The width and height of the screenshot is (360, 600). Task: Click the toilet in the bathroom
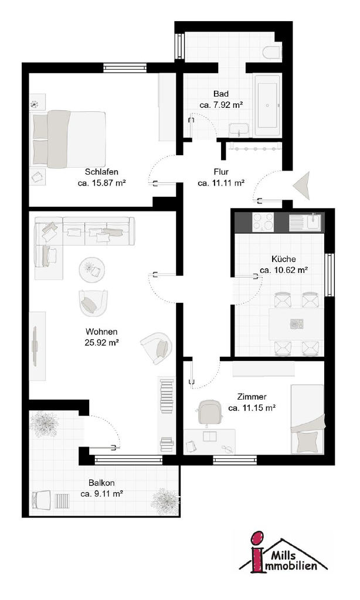[x=273, y=52]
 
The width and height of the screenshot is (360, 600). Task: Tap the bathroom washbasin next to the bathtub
[x=239, y=130]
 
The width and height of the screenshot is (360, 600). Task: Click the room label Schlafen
[x=101, y=172]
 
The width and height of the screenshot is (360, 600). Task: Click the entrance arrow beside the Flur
[x=302, y=186]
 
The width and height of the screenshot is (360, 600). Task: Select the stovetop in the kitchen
[x=263, y=222]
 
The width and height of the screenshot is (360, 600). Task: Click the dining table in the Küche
[x=296, y=324]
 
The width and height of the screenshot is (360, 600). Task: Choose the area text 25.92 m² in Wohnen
[x=101, y=342]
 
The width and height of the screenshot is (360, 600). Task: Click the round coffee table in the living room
[x=92, y=270]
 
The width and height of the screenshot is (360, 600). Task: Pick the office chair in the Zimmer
[x=210, y=413]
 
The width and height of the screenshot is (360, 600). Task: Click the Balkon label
[x=101, y=483]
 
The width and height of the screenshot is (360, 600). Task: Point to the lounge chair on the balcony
[x=42, y=499]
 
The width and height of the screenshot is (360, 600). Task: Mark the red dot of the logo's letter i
[x=258, y=538]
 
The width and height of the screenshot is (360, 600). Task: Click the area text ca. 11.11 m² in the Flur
[x=222, y=183]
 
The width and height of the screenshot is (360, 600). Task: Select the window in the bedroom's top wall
[x=125, y=67]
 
